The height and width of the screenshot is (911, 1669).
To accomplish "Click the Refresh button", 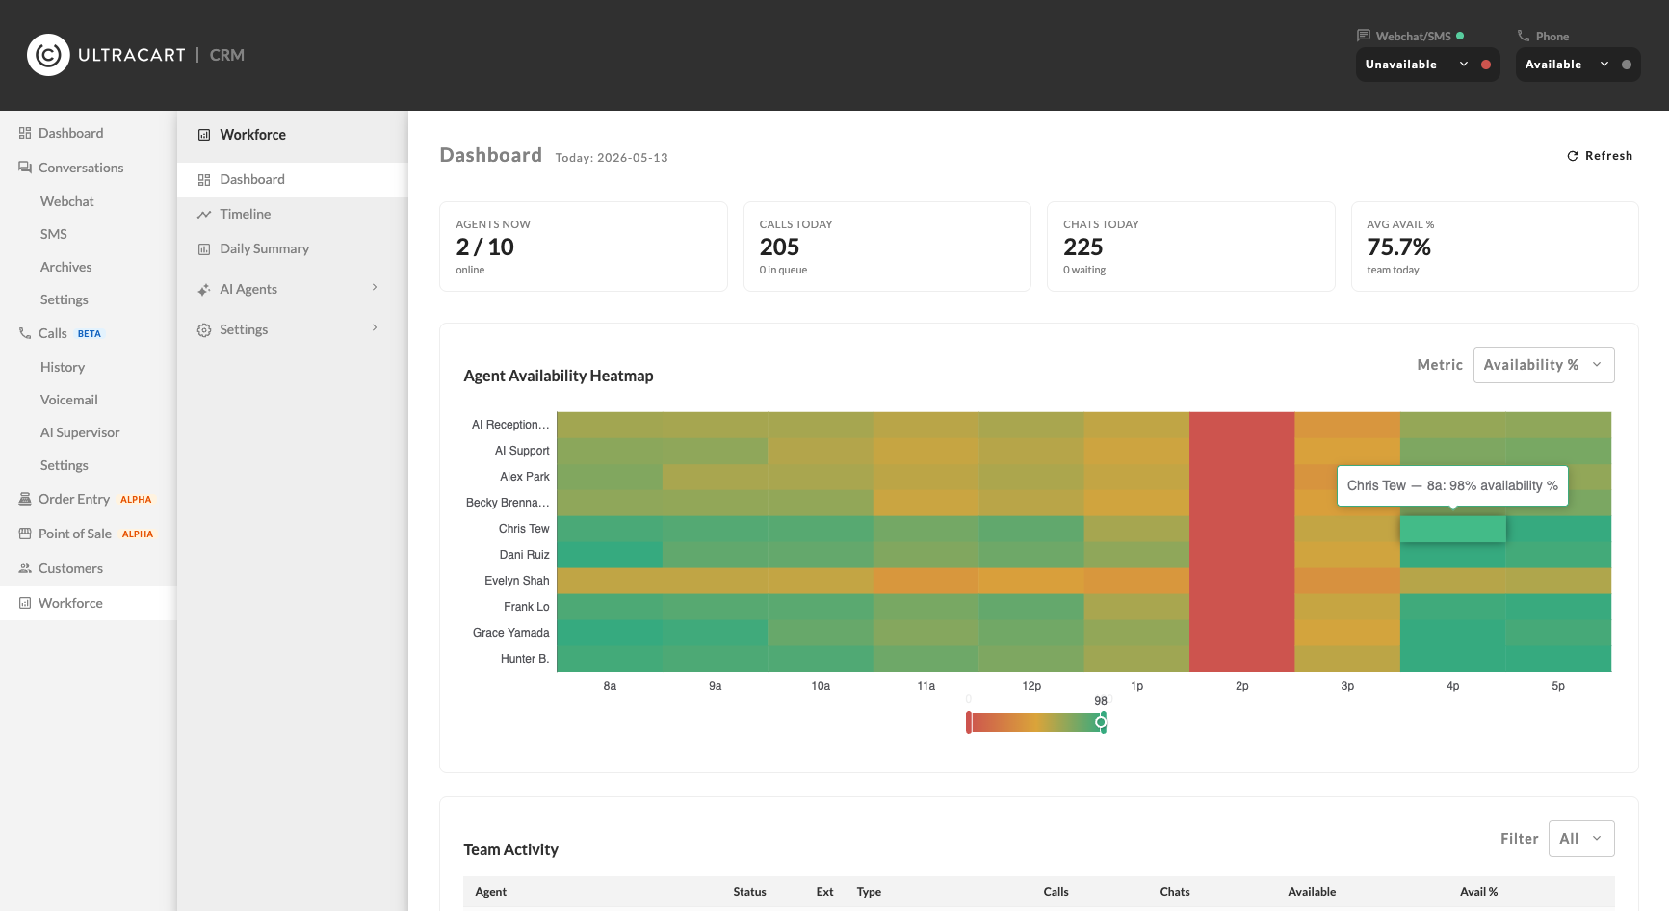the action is (1600, 156).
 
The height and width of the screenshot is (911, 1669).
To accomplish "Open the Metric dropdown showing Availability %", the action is (1543, 365).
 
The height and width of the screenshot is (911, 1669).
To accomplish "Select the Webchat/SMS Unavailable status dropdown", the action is (1427, 65).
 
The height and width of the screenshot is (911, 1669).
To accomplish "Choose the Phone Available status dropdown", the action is (1578, 65).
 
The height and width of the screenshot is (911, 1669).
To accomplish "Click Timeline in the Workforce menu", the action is (245, 214).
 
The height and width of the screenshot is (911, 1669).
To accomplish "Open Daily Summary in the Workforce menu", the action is (264, 248).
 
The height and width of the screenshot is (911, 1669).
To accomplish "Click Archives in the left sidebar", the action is (66, 267).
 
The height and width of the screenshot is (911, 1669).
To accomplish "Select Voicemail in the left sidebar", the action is (69, 400).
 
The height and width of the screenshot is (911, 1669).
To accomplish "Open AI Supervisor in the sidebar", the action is (80, 432).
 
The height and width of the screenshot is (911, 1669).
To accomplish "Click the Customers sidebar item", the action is (70, 568).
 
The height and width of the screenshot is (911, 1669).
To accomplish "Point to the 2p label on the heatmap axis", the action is (1242, 686).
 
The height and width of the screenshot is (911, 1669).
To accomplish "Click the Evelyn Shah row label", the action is (517, 581).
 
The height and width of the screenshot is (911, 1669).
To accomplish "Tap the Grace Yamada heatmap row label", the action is (511, 633).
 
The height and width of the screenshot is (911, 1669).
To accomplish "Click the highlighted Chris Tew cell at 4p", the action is (1452, 529).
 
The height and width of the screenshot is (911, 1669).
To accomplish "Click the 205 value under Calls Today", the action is (780, 247).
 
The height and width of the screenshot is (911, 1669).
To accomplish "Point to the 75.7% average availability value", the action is (1399, 247).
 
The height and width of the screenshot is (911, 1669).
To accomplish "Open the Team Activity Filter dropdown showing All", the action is (1581, 839).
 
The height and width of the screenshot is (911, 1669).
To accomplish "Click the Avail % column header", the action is (1479, 892).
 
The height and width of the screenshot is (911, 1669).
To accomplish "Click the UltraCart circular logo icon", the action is (48, 55).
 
